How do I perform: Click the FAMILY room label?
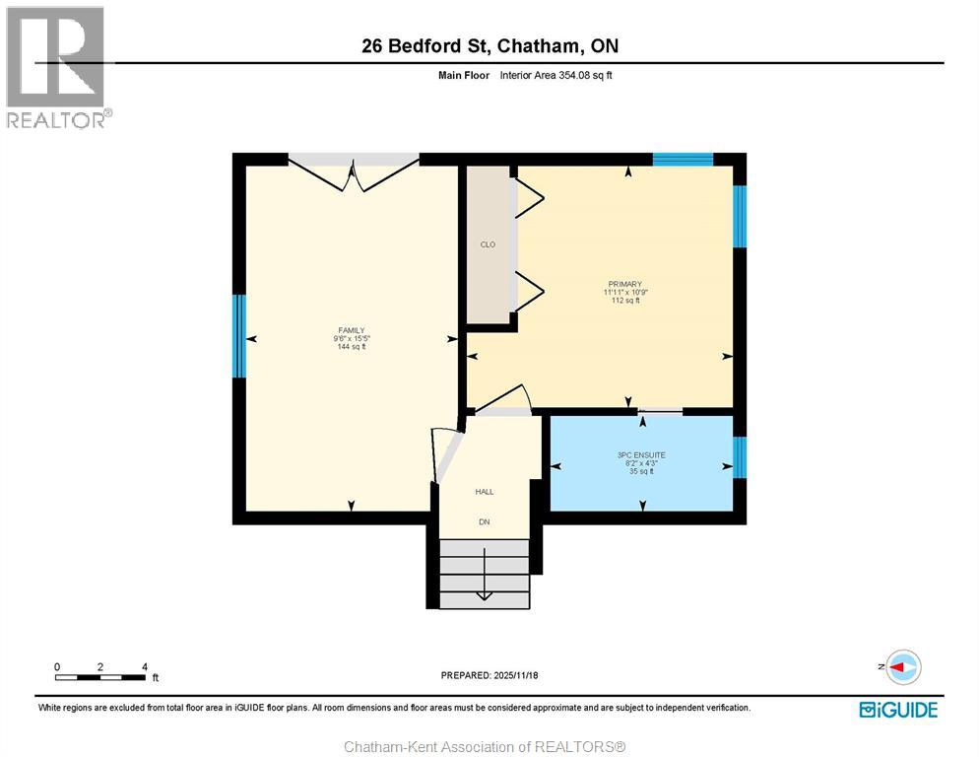(351, 330)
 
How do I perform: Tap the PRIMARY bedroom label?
(623, 284)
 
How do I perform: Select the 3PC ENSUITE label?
(641, 454)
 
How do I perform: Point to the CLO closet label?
(488, 244)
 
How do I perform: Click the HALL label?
(485, 491)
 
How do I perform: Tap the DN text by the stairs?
(485, 521)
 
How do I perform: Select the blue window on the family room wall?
(237, 335)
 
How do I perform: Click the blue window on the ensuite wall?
(740, 456)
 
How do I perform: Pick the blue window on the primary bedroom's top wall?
(683, 159)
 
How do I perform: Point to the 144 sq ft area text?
(351, 347)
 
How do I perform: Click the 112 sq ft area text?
(623, 301)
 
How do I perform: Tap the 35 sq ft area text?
(641, 471)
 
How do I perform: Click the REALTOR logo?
(56, 67)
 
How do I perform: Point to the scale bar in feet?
(101, 676)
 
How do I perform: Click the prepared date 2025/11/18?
(489, 675)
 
